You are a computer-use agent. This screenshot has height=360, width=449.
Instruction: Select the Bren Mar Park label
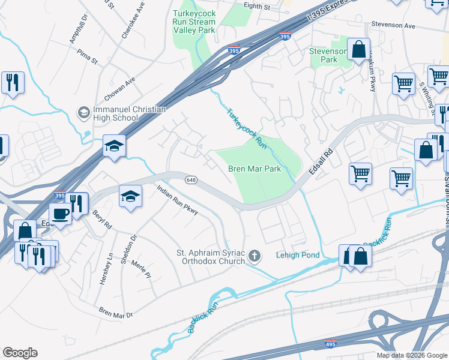pyautogui.click(x=255, y=169)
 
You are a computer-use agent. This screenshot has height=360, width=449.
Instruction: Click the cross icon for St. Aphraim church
pyautogui.click(x=255, y=257)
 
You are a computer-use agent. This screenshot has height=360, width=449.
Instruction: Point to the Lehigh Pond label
pyautogui.click(x=297, y=256)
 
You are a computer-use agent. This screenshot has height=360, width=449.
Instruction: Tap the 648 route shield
pyautogui.click(x=191, y=180)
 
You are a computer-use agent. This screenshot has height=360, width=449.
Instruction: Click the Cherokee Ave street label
pyautogui.click(x=133, y=21)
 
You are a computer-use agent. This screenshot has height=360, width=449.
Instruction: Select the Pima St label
pyautogui.click(x=87, y=56)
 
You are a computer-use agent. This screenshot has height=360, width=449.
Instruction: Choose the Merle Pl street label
pyautogui.click(x=144, y=271)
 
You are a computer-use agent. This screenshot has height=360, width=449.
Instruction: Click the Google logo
pyautogui.click(x=20, y=353)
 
